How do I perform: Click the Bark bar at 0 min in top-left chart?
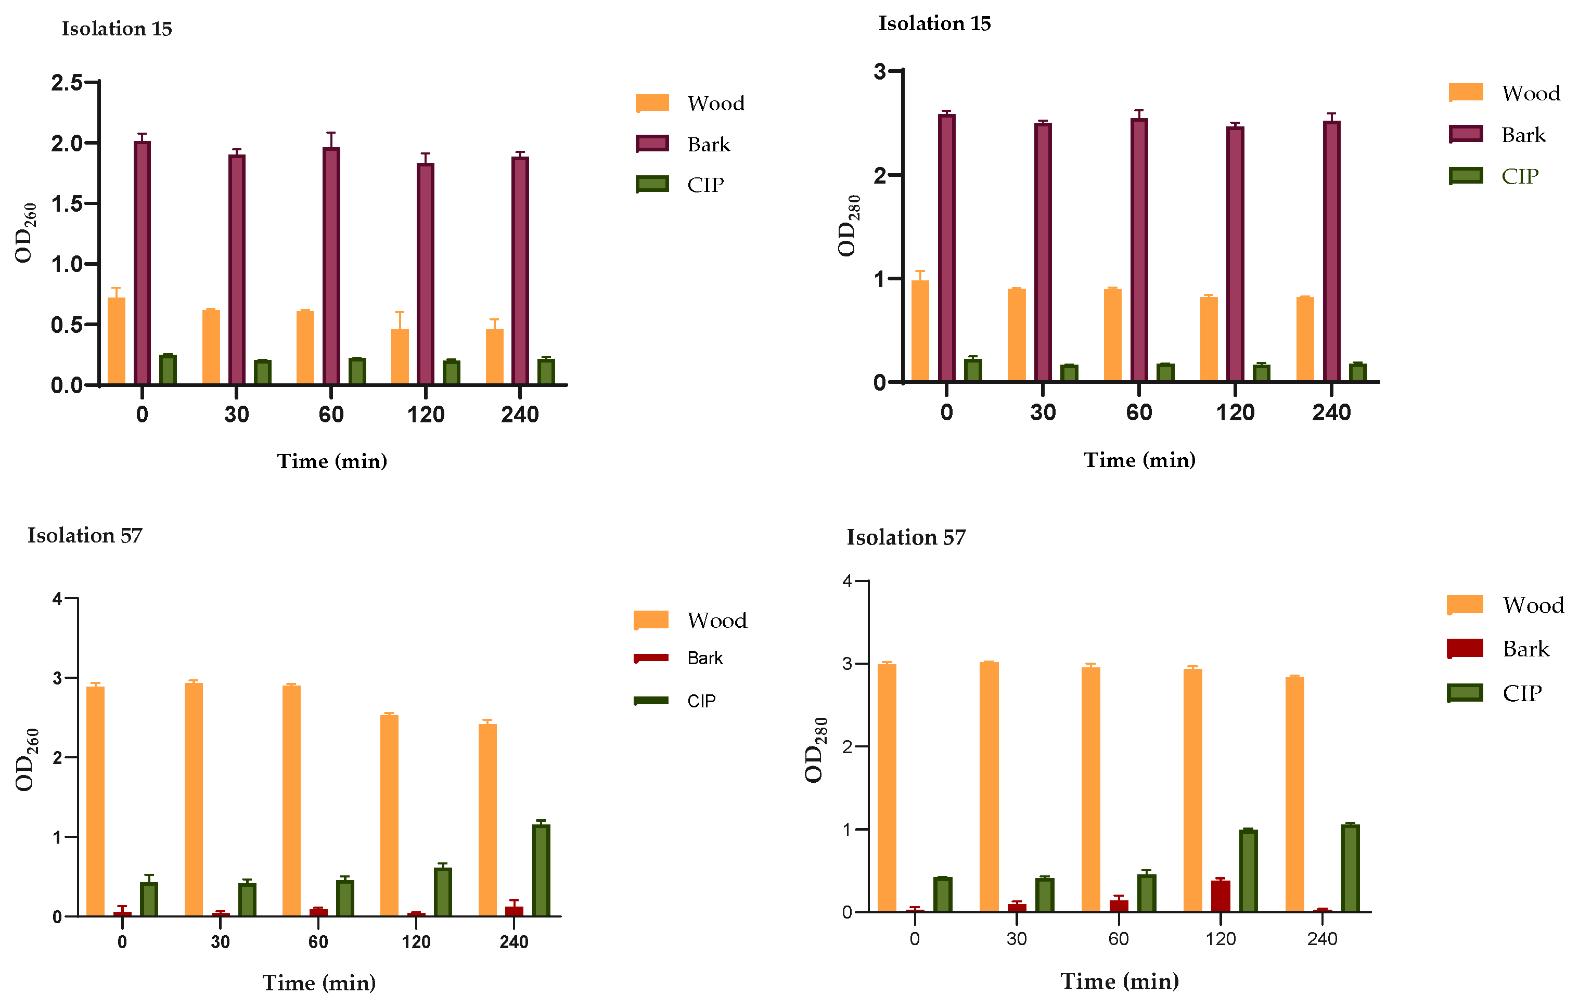(143, 262)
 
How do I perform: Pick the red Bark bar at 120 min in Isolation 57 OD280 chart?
(1221, 896)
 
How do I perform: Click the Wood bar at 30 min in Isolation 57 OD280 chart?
(989, 786)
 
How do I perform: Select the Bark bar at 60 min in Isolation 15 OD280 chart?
(1139, 250)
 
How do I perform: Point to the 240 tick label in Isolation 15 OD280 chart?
(1331, 413)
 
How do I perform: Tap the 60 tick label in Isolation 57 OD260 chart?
(318, 942)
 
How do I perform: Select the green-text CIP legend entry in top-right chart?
(1519, 176)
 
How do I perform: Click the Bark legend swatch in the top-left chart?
(652, 144)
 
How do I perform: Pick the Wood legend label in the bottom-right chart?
(1533, 605)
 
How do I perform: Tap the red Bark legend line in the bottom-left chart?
(651, 657)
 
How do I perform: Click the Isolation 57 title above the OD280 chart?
(906, 537)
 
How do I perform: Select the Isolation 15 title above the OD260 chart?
(117, 29)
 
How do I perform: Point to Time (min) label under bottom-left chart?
(319, 983)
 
